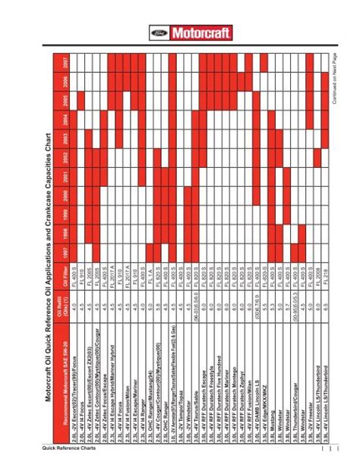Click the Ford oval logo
(x=157, y=34)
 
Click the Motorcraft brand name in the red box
(x=191, y=34)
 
